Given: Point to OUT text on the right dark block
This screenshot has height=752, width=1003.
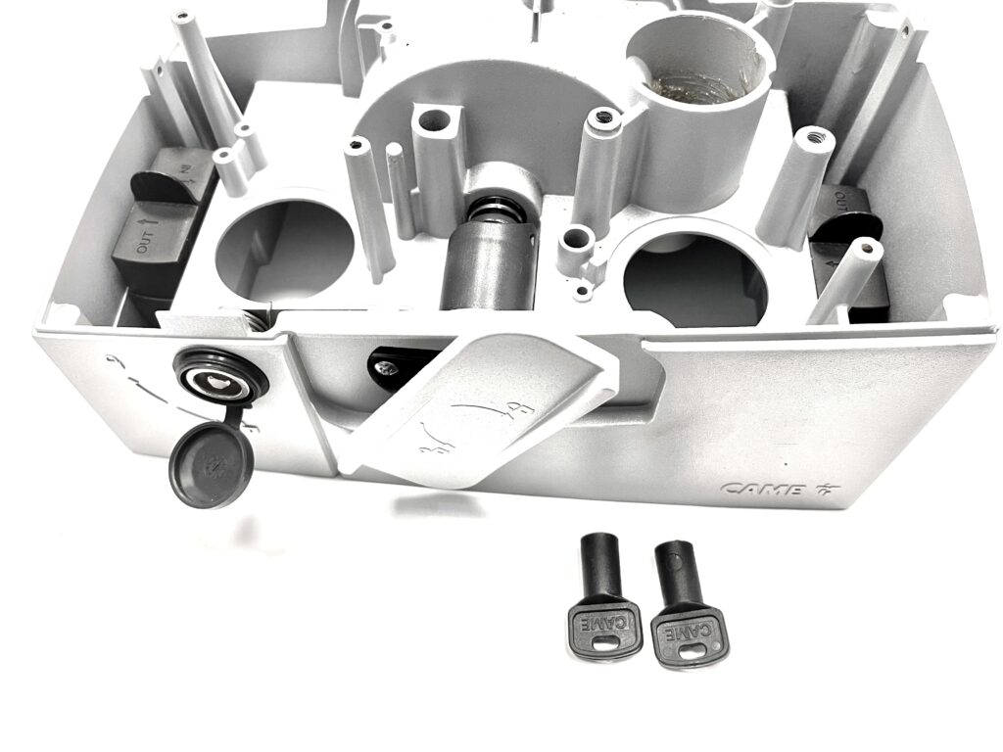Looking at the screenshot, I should click(840, 204).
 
